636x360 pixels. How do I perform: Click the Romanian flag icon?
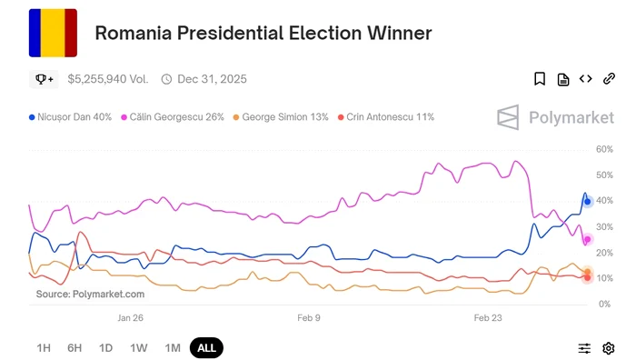53,33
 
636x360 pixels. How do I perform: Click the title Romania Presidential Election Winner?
263,34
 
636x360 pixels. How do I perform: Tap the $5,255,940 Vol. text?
107,79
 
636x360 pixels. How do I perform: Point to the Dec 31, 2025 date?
212,79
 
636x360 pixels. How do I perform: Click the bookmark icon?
540,79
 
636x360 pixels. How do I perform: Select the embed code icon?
586,79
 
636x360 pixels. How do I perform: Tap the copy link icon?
609,79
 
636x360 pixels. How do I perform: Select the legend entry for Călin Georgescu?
175,117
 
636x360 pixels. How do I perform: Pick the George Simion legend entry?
281,117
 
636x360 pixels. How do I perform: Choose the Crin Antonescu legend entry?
385,117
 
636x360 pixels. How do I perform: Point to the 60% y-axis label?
605,149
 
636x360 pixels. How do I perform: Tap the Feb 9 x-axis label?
309,318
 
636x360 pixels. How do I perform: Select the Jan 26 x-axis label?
131,318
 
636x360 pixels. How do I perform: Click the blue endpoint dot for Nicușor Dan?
588,201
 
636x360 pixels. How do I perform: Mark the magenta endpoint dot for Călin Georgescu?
588,240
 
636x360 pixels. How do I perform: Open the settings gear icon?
609,348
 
